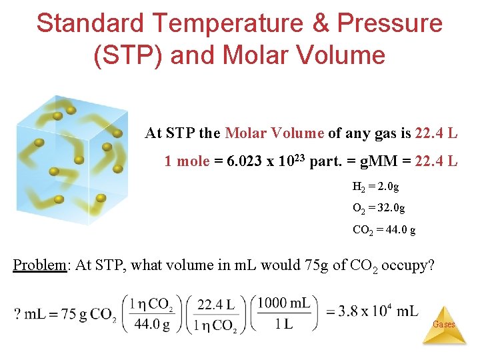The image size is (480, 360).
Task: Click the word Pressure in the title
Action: (389, 23)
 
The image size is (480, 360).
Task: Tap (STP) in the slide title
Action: (127, 54)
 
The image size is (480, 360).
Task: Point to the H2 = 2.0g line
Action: (375, 187)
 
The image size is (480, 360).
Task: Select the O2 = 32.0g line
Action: (378, 208)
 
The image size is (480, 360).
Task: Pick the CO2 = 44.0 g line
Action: (384, 230)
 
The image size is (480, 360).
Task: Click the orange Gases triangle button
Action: (444, 325)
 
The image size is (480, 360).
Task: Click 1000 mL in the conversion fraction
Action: (284, 303)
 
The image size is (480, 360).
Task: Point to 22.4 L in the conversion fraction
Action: (215, 305)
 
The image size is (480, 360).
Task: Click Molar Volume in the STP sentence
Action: (275, 133)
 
